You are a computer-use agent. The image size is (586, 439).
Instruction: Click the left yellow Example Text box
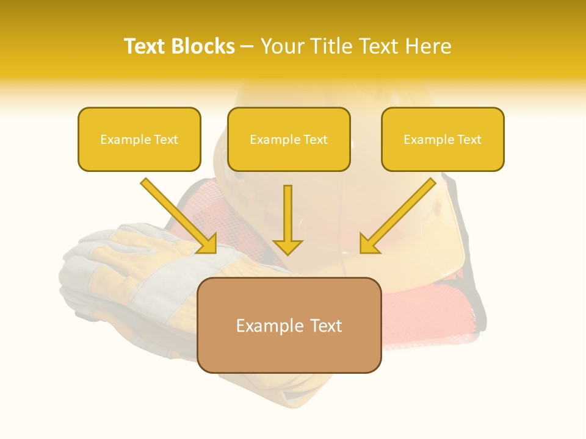point(139,139)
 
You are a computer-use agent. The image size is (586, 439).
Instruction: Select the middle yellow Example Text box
point(289,139)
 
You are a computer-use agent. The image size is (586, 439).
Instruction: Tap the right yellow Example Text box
point(443,139)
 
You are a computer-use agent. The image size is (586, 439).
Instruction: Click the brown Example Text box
point(289,325)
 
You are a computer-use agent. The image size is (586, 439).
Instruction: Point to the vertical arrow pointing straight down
point(288,220)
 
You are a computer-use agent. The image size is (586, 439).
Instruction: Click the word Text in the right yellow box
point(469,140)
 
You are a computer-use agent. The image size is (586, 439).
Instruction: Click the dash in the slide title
point(247,47)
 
